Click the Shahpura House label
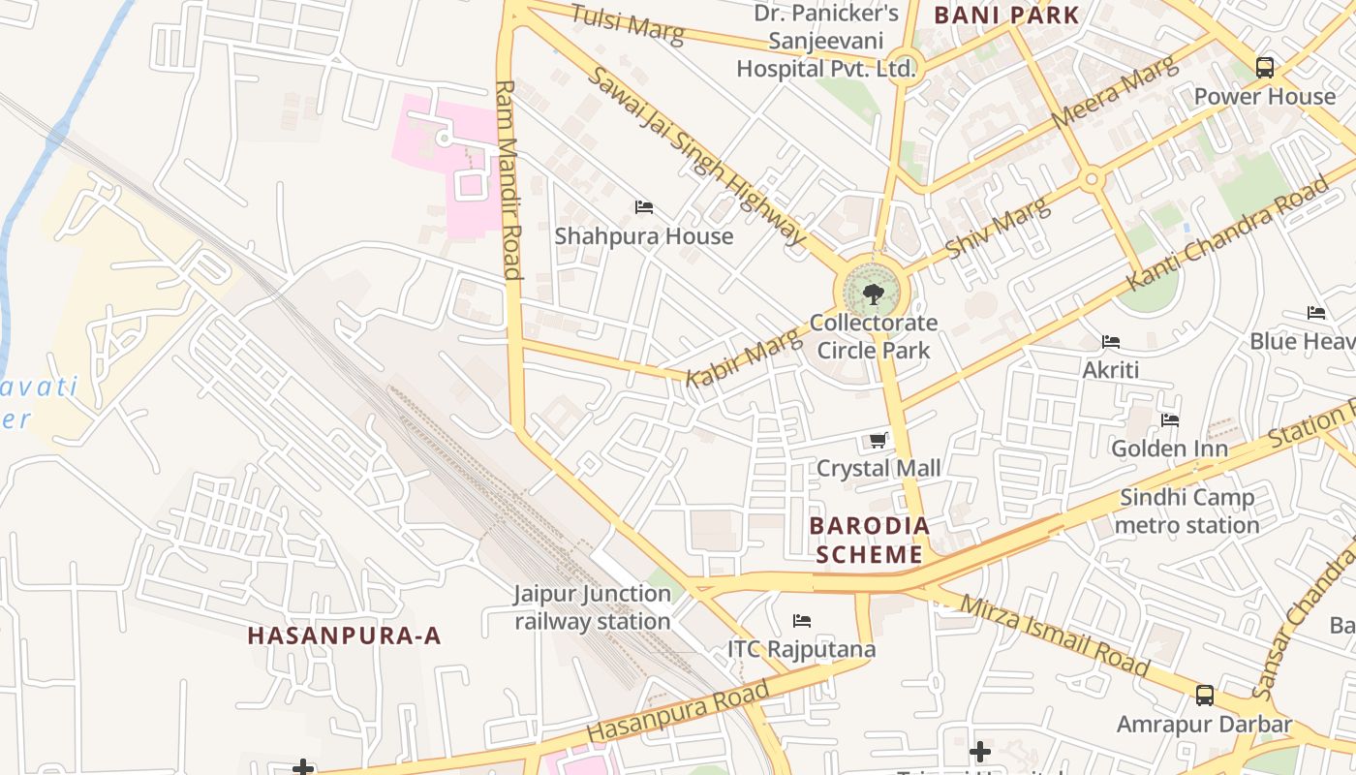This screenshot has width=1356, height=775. (x=644, y=236)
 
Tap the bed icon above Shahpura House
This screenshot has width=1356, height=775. (x=644, y=207)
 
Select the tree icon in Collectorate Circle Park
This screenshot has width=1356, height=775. (x=874, y=293)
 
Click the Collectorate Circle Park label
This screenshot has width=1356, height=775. (x=874, y=336)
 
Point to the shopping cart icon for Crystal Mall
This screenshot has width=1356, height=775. (x=878, y=441)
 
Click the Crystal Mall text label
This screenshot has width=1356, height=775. (x=878, y=469)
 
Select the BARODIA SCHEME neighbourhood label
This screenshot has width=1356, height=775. (x=869, y=541)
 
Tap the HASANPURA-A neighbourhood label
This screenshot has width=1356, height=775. (x=345, y=636)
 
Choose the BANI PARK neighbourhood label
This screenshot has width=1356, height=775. (x=1006, y=15)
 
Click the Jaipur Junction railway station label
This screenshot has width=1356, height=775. (x=593, y=607)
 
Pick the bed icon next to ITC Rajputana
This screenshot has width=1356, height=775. (x=802, y=621)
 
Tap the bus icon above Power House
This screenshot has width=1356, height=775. (x=1265, y=68)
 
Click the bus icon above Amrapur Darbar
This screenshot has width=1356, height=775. (x=1205, y=696)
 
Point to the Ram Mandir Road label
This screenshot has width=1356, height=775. (x=508, y=179)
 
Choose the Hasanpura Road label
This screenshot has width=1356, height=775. (x=678, y=713)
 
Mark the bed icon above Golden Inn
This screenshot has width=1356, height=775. (x=1170, y=420)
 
